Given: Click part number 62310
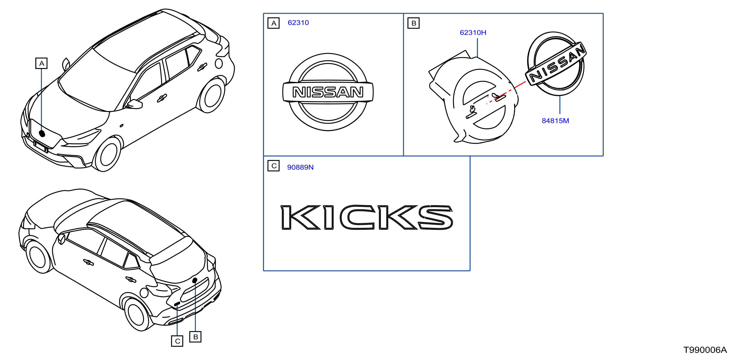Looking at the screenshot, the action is click(x=298, y=23).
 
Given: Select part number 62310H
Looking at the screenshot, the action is click(x=473, y=33).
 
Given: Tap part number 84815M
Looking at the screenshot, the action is click(x=555, y=121).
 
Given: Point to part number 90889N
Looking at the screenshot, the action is click(x=300, y=167).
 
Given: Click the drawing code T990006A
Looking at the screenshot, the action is click(x=705, y=350).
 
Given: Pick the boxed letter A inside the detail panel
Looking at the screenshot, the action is click(x=273, y=23).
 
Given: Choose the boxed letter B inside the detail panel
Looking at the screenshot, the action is click(x=414, y=23).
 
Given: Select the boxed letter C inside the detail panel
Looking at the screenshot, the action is click(x=273, y=166).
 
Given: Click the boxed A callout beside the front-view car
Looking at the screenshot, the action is click(x=41, y=63).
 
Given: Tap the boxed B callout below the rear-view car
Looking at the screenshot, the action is click(x=195, y=337).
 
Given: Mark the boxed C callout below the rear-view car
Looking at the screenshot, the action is click(x=177, y=341).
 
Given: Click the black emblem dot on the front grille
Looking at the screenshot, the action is click(x=42, y=133).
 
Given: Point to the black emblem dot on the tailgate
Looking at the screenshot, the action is click(x=194, y=280).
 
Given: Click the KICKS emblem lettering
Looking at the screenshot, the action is click(x=367, y=217).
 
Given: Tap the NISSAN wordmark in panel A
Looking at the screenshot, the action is click(x=328, y=92).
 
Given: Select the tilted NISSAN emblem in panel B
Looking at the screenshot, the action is click(x=556, y=63).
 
